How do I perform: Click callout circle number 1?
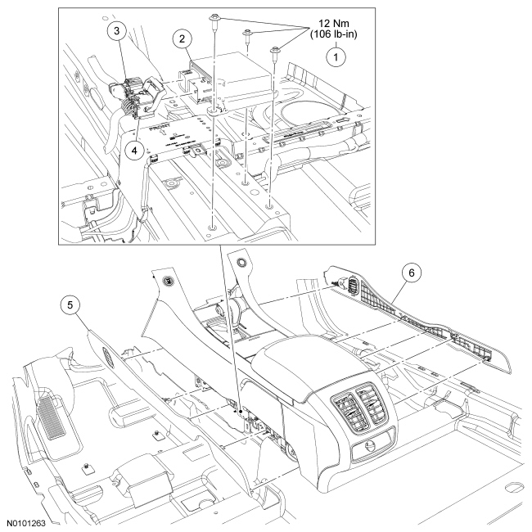[x=333, y=56]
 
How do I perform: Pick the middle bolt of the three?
[x=246, y=34]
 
